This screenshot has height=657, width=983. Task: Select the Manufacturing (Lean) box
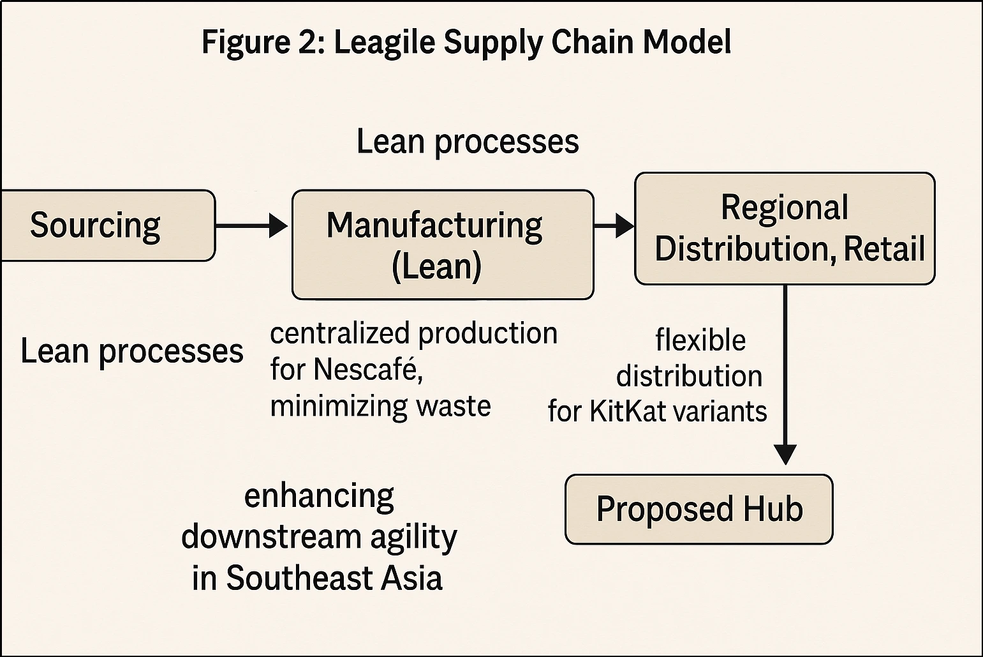443,245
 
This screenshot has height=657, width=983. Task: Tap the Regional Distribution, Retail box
785,228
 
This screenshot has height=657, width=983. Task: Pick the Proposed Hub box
698,510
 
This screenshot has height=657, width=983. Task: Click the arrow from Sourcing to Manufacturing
251,225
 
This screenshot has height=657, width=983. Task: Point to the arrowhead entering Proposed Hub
785,454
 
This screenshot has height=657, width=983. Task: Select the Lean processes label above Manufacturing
468,142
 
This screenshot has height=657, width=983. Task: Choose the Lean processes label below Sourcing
132,351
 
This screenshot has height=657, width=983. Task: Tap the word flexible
700,340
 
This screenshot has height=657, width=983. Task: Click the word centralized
341,333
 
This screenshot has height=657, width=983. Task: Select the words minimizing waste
381,406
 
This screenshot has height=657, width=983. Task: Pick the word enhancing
320,496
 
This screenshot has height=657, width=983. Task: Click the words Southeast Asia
334,578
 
